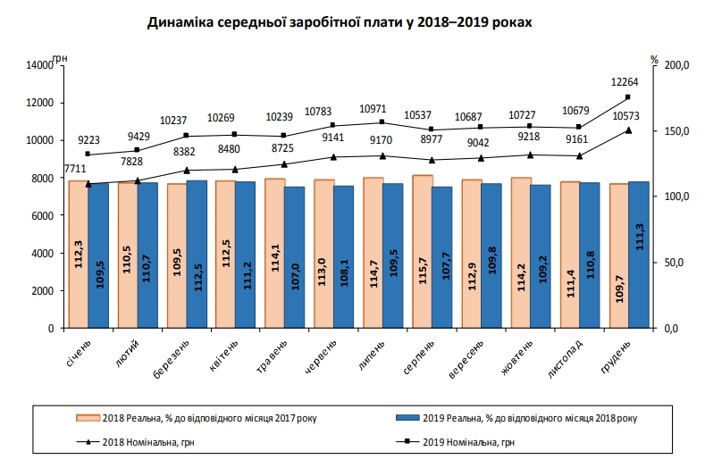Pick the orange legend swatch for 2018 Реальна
(x=88, y=416)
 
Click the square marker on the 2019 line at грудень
(x=628, y=97)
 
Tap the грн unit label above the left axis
(x=59, y=58)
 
